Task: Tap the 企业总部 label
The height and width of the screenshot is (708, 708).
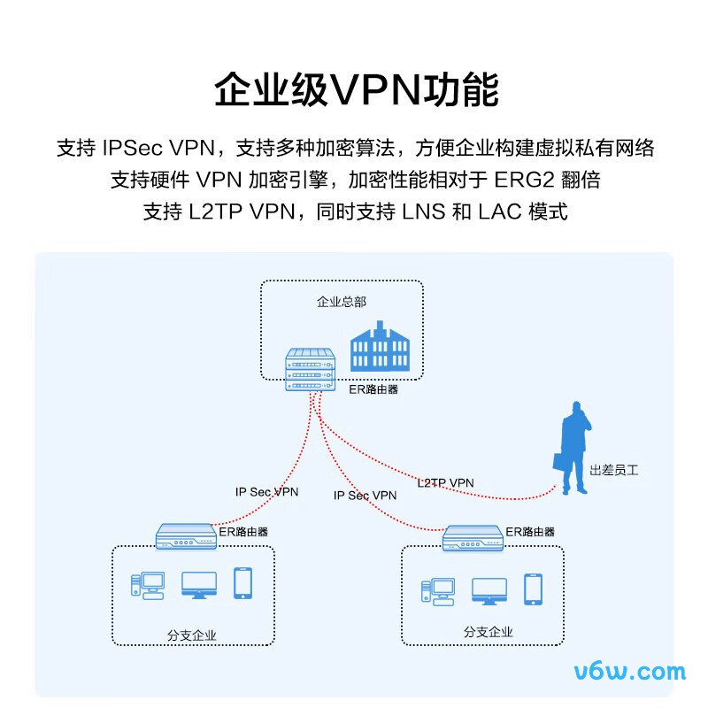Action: (x=342, y=302)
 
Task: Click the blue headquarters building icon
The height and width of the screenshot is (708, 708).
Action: (x=381, y=351)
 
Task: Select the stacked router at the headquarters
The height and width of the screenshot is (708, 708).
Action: (x=311, y=370)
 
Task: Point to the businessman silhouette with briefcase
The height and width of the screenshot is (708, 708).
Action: (x=575, y=447)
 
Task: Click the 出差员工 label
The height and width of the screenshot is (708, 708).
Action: (x=613, y=471)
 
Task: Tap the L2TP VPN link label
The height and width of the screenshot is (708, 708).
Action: (x=445, y=482)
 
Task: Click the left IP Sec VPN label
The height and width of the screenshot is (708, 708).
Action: (x=266, y=491)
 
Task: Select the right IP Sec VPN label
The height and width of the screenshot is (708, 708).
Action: (x=365, y=496)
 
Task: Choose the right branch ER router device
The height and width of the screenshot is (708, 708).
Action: (x=473, y=537)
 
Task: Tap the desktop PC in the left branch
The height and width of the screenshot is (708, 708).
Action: (x=148, y=585)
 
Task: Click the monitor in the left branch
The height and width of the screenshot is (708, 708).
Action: (x=198, y=585)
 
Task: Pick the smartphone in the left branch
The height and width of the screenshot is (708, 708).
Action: (x=242, y=583)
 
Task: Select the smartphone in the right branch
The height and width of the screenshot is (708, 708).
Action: (x=533, y=589)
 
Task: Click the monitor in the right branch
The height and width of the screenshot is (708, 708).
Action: (x=489, y=591)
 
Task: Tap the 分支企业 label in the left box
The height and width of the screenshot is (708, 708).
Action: (x=191, y=635)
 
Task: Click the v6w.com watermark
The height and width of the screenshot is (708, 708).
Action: (x=629, y=671)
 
